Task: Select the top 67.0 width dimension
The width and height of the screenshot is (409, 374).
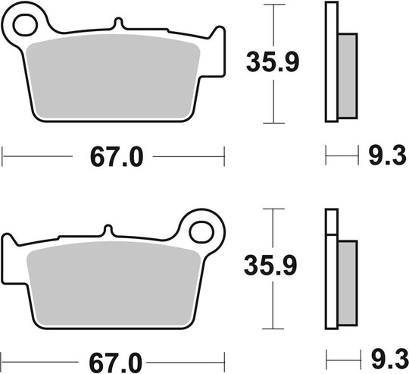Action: pos(117,158)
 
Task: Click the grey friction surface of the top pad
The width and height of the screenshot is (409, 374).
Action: pos(114,76)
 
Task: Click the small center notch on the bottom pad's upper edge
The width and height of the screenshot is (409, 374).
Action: pos(108,230)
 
